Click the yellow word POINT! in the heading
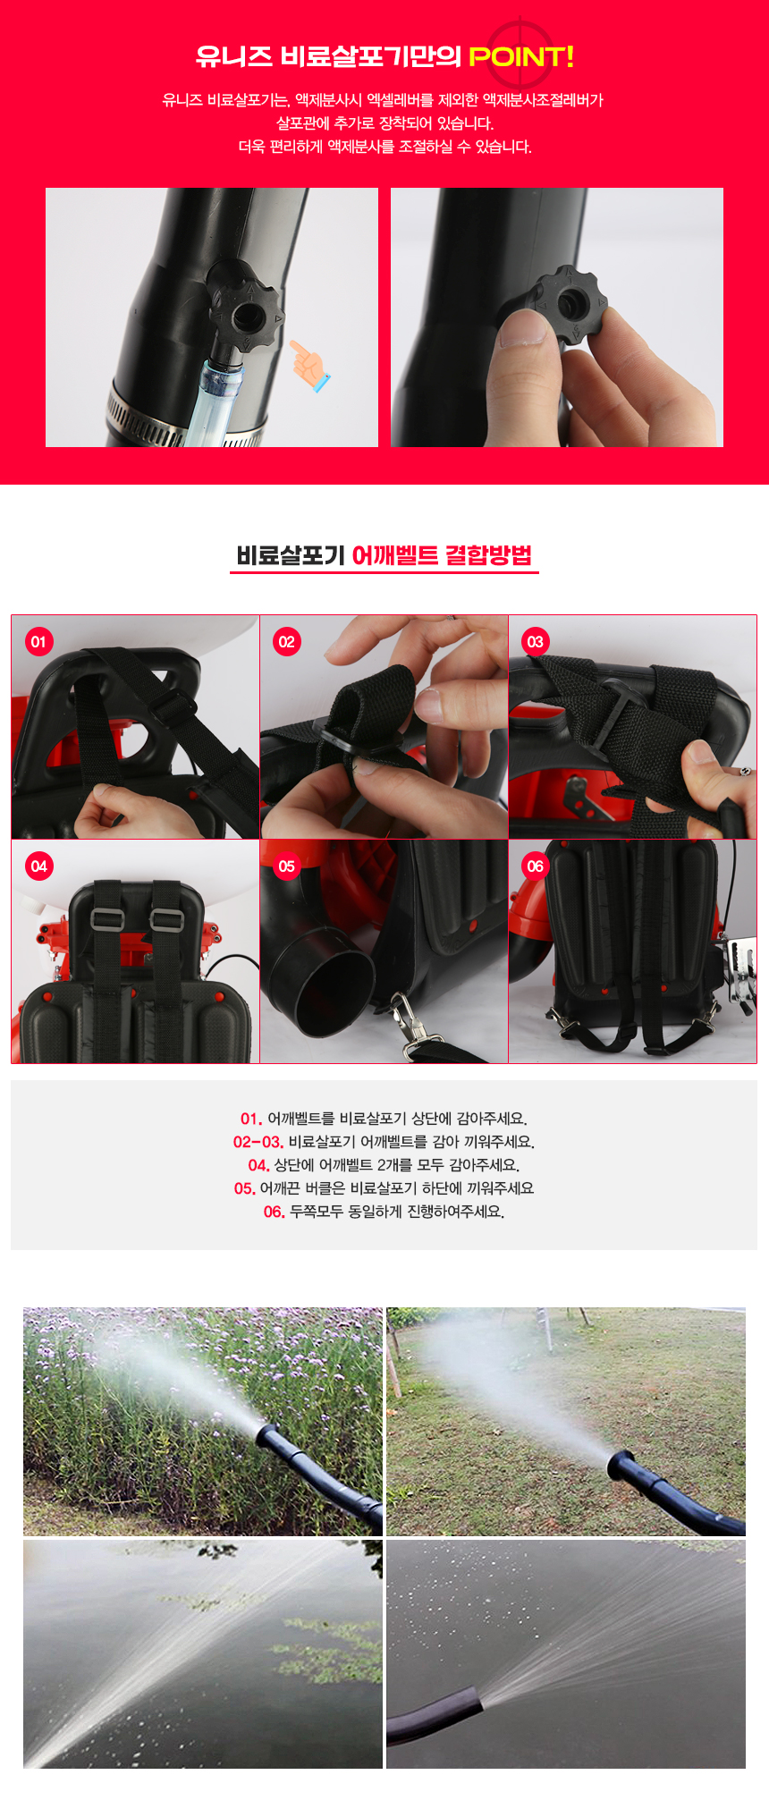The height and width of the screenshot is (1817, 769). [521, 57]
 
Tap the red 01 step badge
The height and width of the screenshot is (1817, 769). [38, 641]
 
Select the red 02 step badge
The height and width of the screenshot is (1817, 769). [286, 641]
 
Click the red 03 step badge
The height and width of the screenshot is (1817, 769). [535, 641]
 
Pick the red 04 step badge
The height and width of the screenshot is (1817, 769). [38, 866]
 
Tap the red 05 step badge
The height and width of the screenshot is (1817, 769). [286, 866]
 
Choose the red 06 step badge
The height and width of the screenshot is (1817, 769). [535, 866]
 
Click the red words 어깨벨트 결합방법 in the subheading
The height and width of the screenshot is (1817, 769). [442, 555]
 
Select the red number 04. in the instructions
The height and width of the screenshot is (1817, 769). [258, 1165]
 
